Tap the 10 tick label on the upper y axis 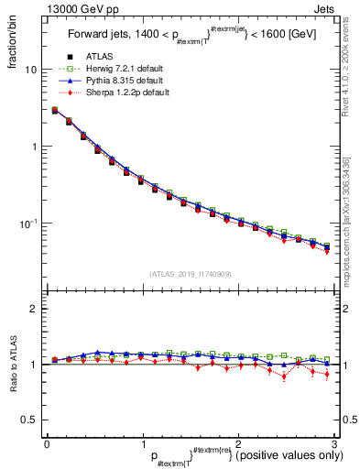(30, 70)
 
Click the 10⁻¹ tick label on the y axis (28, 223)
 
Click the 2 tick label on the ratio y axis (33, 309)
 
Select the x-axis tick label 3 (335, 443)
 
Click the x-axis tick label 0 (47, 443)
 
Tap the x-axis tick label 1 (143, 443)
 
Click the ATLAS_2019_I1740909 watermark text (191, 273)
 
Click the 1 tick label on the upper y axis (33, 147)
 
